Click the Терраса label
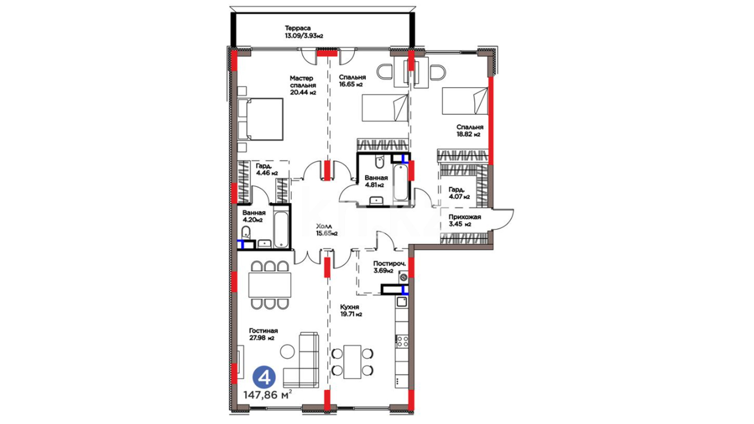[x=298, y=28]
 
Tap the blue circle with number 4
[x=264, y=378]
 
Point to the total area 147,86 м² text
[x=267, y=395]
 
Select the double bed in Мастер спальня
[x=261, y=119]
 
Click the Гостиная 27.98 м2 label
[x=263, y=334]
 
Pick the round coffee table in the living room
[x=287, y=351]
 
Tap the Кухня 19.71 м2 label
[x=351, y=310]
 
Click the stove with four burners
[x=402, y=341]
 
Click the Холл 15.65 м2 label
[x=327, y=230]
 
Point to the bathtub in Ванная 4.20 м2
[x=281, y=230]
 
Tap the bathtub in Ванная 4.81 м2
[x=401, y=183]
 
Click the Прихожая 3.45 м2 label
[x=465, y=221]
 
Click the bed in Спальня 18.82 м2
[x=465, y=101]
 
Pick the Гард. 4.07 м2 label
[x=459, y=193]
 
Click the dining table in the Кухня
[x=352, y=362]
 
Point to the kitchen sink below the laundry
[x=402, y=302]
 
